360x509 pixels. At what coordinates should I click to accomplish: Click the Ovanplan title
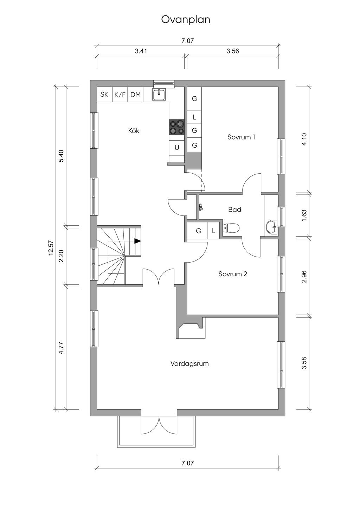(x=186, y=20)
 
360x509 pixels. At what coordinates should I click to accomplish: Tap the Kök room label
(x=134, y=131)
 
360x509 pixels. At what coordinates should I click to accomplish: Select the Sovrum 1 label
(x=241, y=137)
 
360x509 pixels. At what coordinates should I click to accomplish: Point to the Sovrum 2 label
(x=233, y=274)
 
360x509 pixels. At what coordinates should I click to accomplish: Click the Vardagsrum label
(x=189, y=363)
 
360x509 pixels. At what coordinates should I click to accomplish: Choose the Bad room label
(x=234, y=210)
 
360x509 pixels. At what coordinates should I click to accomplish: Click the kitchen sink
(x=159, y=95)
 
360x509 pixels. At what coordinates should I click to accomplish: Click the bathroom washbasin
(x=272, y=227)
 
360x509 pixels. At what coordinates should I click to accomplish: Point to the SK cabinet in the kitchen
(x=104, y=95)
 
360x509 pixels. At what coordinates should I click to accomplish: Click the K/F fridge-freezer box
(x=120, y=95)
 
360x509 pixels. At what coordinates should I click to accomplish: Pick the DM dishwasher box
(x=135, y=95)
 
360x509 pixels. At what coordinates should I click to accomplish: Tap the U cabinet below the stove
(x=177, y=148)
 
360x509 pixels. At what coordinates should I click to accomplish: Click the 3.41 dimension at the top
(x=141, y=51)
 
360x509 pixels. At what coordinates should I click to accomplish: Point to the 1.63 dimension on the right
(x=304, y=215)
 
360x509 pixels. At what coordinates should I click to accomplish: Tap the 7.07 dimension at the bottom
(x=187, y=463)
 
